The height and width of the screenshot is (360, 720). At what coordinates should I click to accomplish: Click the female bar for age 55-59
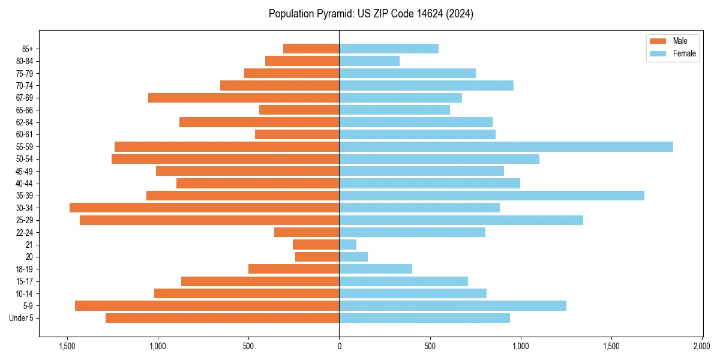(506, 146)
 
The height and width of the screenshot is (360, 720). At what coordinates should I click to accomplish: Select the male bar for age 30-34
(204, 208)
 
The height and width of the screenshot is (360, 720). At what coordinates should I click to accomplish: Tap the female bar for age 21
(348, 244)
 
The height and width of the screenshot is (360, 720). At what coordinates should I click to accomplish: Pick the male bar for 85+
(311, 49)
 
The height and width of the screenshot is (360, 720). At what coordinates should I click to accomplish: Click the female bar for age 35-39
(491, 196)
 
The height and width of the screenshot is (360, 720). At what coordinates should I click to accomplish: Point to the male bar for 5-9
(207, 305)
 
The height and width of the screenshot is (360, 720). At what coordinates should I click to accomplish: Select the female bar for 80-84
(369, 61)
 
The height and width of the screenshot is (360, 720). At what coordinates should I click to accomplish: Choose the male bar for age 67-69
(244, 98)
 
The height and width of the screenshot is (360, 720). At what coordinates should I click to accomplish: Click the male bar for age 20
(317, 257)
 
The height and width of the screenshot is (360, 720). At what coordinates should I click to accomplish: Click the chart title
(371, 14)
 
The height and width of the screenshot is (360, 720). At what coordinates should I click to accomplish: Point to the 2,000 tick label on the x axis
(701, 346)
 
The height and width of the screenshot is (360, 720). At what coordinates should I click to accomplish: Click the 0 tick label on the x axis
(339, 346)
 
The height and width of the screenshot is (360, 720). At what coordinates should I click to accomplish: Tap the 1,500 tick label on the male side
(67, 346)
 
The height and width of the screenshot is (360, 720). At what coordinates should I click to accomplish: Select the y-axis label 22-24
(25, 232)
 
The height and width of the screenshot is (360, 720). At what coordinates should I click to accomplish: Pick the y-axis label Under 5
(22, 318)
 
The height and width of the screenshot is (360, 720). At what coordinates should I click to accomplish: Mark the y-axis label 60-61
(25, 134)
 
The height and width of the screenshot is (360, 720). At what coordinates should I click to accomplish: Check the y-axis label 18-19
(25, 269)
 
